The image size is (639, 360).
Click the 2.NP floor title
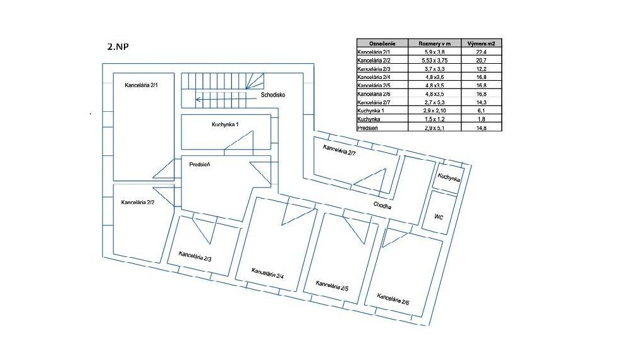(118, 47)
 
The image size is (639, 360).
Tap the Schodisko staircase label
(273, 95)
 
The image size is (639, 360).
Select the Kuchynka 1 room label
(225, 124)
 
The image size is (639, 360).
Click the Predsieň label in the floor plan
(200, 164)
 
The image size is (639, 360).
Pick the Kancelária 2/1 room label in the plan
(141, 85)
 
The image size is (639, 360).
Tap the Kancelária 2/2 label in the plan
(138, 202)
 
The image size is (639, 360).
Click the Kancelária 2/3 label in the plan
(195, 256)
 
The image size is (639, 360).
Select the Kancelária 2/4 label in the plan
(267, 273)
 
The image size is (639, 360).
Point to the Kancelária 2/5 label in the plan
(332, 286)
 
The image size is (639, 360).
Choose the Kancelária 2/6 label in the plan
(393, 299)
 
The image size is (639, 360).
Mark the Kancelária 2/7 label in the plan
(339, 150)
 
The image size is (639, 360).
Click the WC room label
(439, 217)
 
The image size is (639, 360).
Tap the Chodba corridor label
(382, 206)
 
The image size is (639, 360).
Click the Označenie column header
(382, 44)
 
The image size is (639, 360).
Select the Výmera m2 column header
(481, 44)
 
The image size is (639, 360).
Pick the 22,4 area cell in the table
(481, 52)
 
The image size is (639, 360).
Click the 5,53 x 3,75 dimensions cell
(434, 60)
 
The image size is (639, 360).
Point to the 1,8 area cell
(481, 119)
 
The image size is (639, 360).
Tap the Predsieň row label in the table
(368, 128)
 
